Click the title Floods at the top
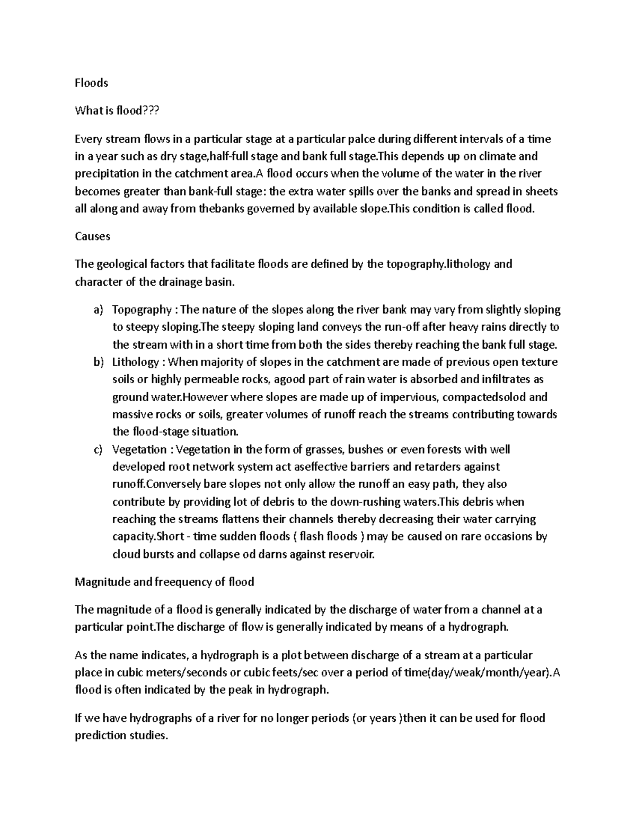tap(91, 83)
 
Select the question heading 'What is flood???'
tap(117, 111)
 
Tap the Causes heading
tap(92, 236)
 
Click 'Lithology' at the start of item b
tap(135, 362)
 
